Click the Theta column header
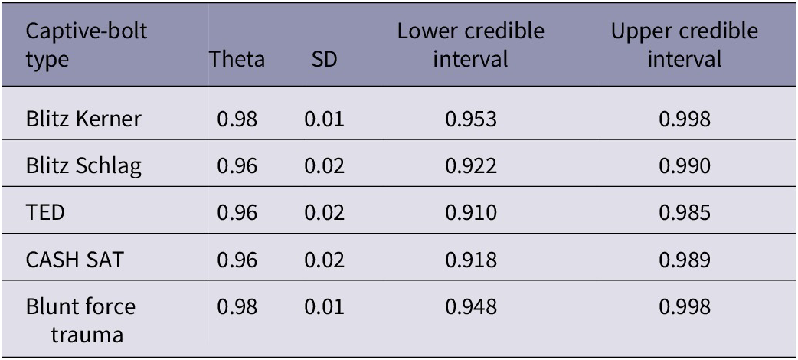coord(237,60)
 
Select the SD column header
coord(324,60)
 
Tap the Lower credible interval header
coord(470,45)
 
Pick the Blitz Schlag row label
coord(83,166)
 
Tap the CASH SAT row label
coord(74,260)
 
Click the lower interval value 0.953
coord(470,119)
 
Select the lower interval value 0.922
coord(470,166)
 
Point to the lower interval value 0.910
coord(470,213)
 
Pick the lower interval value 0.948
coord(470,307)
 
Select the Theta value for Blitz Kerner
coord(237,119)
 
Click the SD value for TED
coord(324,213)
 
